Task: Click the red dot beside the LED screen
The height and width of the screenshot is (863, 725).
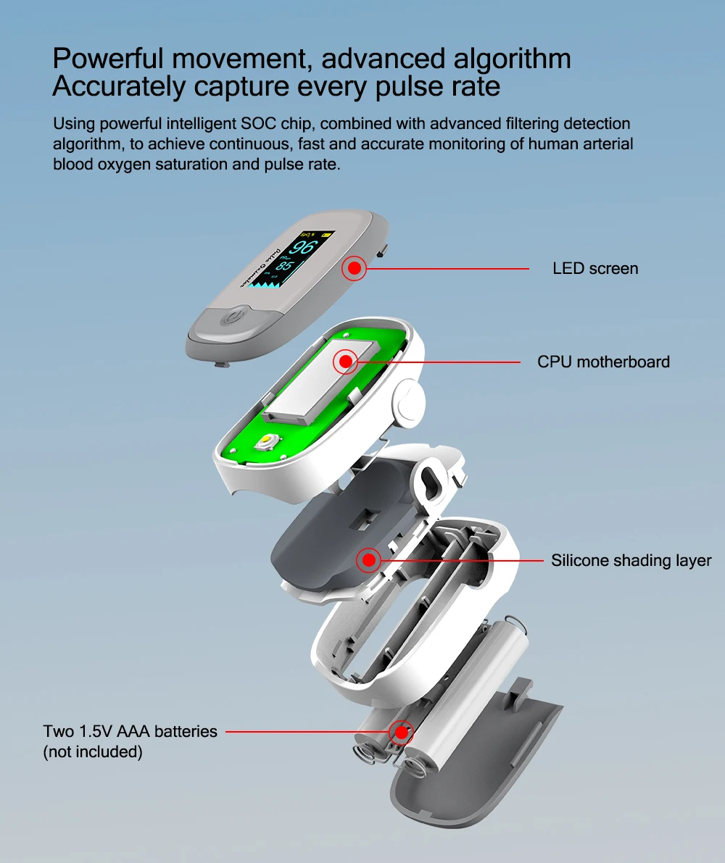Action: [354, 269]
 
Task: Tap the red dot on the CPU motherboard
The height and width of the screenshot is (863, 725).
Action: [345, 361]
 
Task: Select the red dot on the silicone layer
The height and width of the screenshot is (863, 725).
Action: [368, 560]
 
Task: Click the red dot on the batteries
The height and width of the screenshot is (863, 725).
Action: [401, 732]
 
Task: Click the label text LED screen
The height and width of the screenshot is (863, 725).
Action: [595, 269]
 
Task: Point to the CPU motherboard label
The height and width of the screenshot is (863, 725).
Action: [603, 362]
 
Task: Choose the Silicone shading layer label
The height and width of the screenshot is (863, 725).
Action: [631, 560]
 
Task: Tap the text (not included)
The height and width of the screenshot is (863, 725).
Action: [93, 752]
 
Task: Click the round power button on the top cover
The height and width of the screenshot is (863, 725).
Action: [233, 318]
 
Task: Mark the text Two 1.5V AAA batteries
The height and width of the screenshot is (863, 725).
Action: [130, 732]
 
